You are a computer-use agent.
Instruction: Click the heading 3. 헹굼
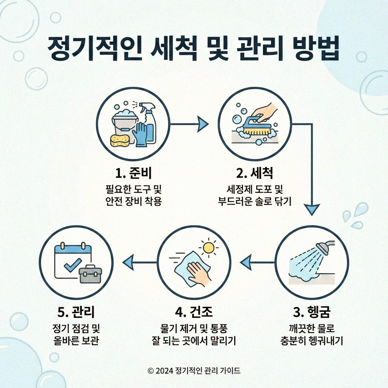pos(312,313)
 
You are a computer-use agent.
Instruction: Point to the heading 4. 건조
pos(194,313)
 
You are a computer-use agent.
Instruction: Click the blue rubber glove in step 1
pos(141,134)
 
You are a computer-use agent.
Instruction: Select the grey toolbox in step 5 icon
pos(90,274)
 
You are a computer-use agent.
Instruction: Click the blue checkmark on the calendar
pos(72,265)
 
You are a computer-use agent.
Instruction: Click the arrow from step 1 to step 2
pos(189,123)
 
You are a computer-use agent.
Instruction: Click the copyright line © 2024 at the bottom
pos(194,371)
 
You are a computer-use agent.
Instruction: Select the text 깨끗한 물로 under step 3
pos(312,328)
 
